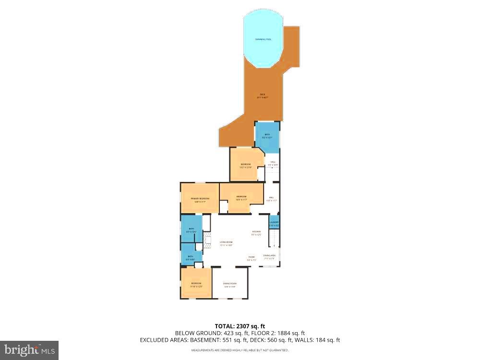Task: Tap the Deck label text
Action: point(263,94)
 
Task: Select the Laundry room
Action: point(274,223)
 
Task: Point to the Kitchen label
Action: point(257,233)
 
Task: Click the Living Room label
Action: point(226,243)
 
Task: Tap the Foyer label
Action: point(252,258)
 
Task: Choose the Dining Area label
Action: point(269,257)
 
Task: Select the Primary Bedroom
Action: point(200,200)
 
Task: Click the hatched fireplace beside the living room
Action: point(207,240)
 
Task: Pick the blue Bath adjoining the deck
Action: point(267,136)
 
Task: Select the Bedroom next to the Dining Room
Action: point(196,284)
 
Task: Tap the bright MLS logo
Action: point(29,350)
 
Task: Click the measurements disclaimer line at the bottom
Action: point(240,350)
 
